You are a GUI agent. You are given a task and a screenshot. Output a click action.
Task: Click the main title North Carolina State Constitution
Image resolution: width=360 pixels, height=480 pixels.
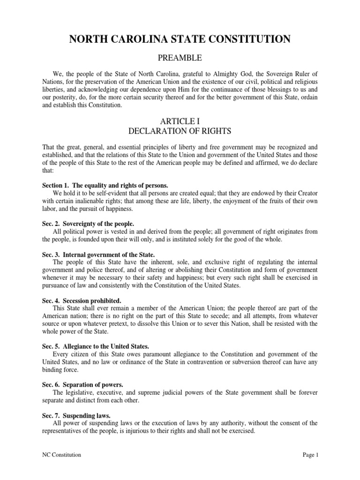[x=180, y=40]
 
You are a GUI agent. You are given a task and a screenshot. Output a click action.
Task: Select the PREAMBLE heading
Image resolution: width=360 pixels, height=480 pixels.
[x=180, y=58]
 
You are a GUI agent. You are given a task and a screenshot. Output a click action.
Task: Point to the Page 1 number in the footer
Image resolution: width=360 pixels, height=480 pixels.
[x=308, y=455]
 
